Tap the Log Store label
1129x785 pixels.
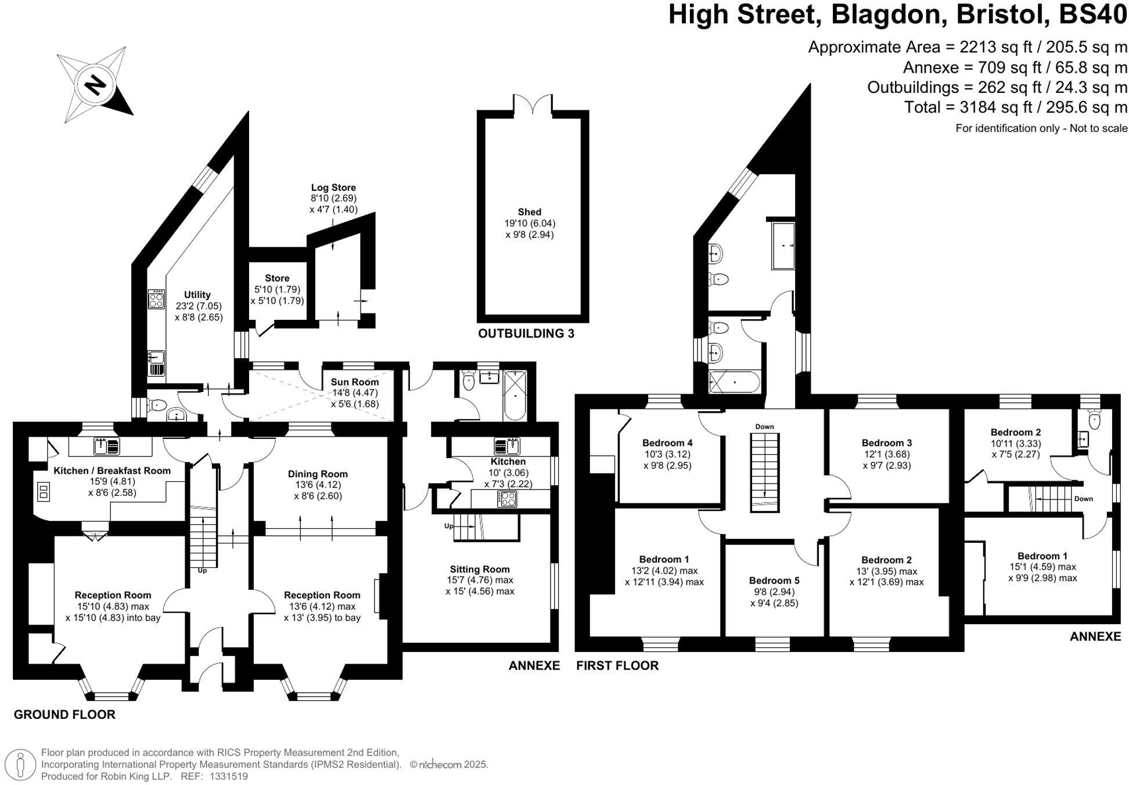coord(333,188)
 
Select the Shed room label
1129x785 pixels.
coord(529,212)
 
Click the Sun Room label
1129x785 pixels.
coord(354,382)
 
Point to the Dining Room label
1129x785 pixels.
coord(318,474)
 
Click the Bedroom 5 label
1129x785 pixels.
coord(774,581)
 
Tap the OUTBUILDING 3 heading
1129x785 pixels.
coord(526,333)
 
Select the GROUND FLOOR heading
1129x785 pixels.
coord(64,715)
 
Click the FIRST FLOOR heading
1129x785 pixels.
coord(617,665)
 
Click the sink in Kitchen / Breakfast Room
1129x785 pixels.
coord(107,446)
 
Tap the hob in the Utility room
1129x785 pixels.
coord(156,299)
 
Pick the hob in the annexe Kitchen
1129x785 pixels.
coord(506,499)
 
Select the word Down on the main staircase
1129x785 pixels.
coord(764,427)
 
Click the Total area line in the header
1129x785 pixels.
coord(1015,107)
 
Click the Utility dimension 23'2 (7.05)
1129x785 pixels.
coord(199,306)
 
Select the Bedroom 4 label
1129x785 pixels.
coord(667,442)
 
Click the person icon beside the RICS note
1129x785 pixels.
coord(21,764)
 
